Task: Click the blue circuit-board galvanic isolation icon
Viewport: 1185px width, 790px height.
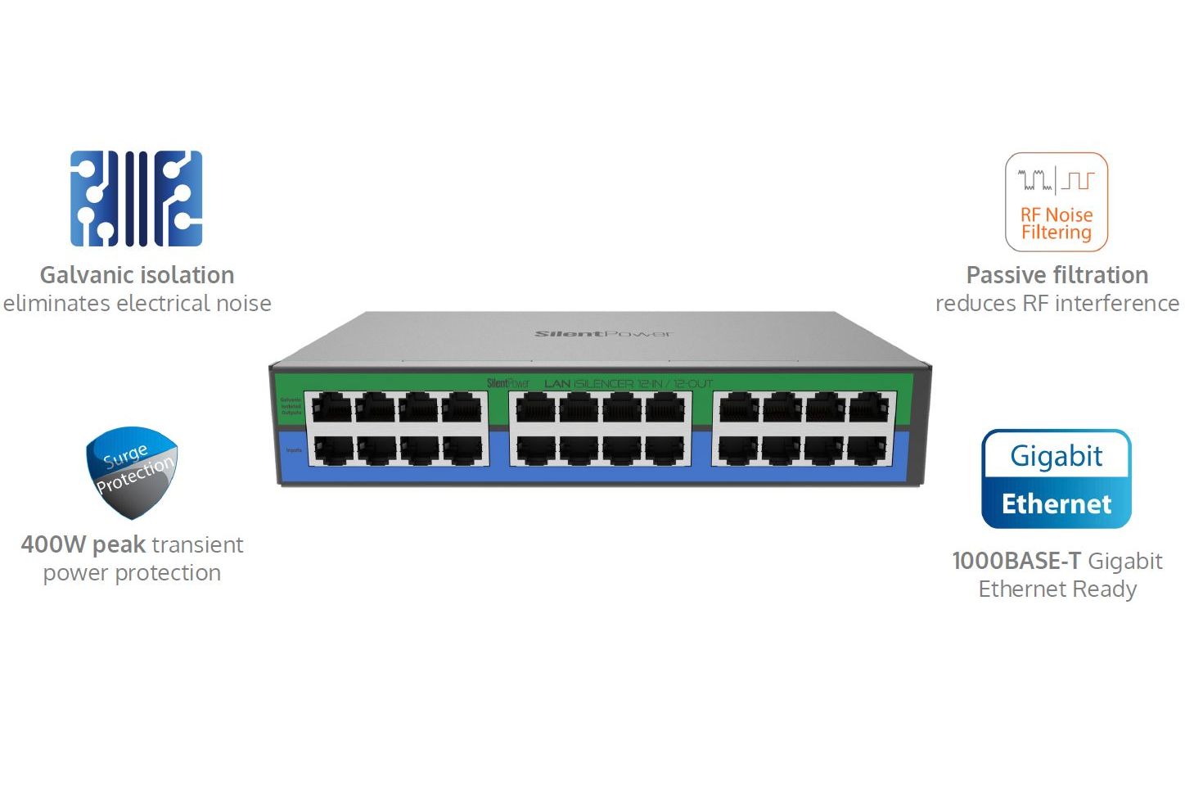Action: pyautogui.click(x=136, y=198)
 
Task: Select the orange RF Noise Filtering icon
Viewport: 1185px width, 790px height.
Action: pyautogui.click(x=1056, y=201)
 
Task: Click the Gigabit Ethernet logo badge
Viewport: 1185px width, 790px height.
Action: pyautogui.click(x=1056, y=479)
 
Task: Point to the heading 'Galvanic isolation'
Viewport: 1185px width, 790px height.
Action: pyautogui.click(x=137, y=275)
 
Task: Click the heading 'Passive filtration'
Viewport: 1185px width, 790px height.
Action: pyautogui.click(x=1057, y=275)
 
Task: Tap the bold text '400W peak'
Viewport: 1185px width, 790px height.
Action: pyautogui.click(x=83, y=544)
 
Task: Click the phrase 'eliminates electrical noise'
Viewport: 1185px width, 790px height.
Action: pyautogui.click(x=137, y=304)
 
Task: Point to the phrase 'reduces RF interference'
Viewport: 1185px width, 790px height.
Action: pyautogui.click(x=1057, y=304)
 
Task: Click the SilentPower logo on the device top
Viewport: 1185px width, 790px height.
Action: pyautogui.click(x=603, y=334)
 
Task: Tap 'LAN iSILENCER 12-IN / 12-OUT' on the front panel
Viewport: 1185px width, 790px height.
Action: pyautogui.click(x=628, y=383)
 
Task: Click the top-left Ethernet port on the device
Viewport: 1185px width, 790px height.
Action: pyautogui.click(x=332, y=407)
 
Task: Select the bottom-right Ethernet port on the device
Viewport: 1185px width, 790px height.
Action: pyautogui.click(x=868, y=449)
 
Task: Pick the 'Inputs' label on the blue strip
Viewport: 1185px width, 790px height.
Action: pyautogui.click(x=293, y=450)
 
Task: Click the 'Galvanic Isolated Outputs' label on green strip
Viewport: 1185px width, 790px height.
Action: pyautogui.click(x=291, y=406)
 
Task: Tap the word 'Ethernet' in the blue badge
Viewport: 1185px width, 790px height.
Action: pyautogui.click(x=1056, y=503)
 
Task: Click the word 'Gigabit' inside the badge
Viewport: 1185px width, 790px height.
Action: pyautogui.click(x=1056, y=456)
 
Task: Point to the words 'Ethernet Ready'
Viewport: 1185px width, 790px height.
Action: pyautogui.click(x=1057, y=589)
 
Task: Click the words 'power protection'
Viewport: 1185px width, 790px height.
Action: pyautogui.click(x=132, y=573)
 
